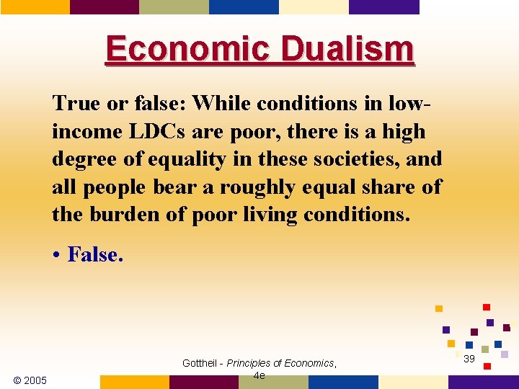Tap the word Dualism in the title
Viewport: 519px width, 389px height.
347,50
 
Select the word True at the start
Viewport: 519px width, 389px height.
75,104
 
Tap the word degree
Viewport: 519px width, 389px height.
81,159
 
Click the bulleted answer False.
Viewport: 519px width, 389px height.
95,254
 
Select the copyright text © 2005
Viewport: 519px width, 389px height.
30,380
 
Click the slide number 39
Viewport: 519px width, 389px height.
469,359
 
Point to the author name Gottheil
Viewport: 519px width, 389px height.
200,364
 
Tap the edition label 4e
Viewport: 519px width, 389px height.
259,375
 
